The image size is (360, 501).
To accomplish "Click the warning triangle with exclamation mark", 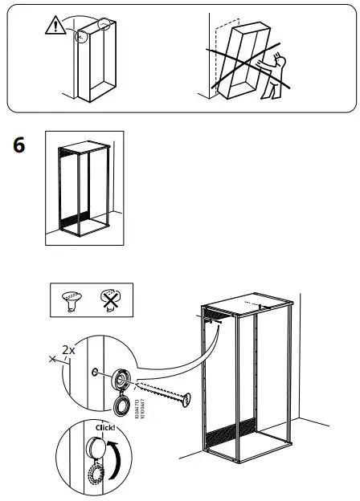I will (x=53, y=26).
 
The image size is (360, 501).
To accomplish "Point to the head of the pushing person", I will (x=278, y=59).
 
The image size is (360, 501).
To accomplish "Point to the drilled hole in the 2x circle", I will (x=96, y=372).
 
